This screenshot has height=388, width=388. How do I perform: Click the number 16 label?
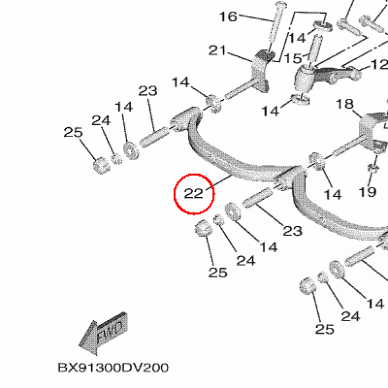pos(228,17)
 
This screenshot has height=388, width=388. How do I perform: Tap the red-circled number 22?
pos(194,194)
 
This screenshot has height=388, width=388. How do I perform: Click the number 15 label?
pos(293,58)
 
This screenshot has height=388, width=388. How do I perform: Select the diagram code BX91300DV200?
pos(113,368)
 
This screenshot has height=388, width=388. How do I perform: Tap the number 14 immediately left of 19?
pos(333,194)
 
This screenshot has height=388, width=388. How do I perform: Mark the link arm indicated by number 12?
pos(335,74)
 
